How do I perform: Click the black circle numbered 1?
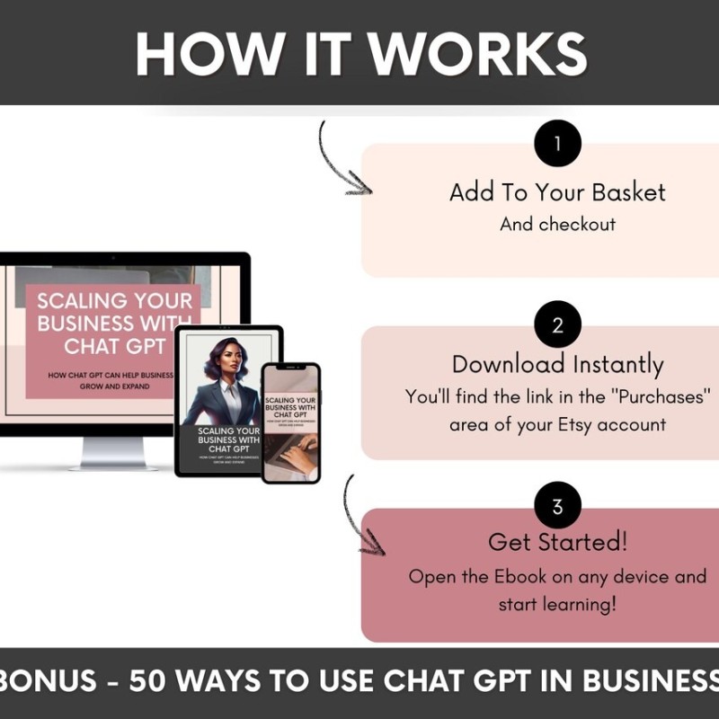click(x=557, y=144)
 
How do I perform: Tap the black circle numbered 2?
click(x=557, y=325)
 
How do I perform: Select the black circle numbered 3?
click(x=557, y=507)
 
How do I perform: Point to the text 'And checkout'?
click(x=557, y=225)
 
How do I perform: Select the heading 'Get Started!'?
click(x=557, y=542)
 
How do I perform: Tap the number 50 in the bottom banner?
click(x=148, y=680)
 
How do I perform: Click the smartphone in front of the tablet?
click(x=290, y=422)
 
